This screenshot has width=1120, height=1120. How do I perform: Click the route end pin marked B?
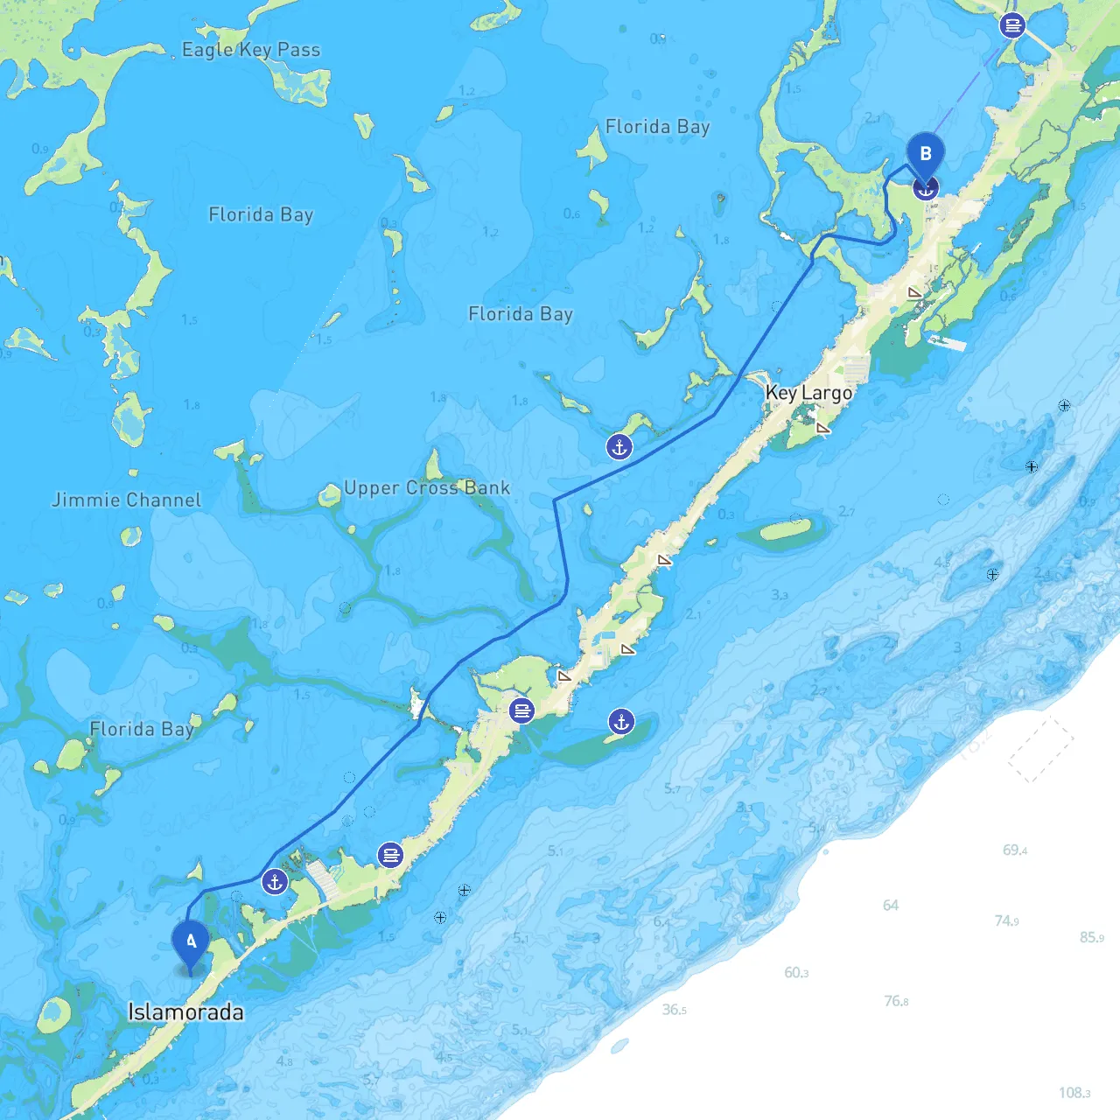(925, 155)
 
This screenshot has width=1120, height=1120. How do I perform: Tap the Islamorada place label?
(185, 1012)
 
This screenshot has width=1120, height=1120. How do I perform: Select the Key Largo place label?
(808, 393)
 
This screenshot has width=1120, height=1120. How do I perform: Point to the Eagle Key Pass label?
(251, 50)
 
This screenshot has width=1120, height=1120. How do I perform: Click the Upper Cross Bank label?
(426, 488)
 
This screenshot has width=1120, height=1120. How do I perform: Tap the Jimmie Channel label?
(127, 500)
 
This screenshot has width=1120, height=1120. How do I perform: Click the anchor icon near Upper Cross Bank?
(619, 447)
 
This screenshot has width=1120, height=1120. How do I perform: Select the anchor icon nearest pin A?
(275, 882)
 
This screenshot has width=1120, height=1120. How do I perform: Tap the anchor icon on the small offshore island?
(621, 722)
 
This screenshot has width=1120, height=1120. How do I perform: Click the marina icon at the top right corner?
(1012, 25)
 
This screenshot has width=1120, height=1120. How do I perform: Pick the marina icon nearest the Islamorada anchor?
(390, 855)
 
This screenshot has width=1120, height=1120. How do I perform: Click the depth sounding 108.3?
(1074, 1093)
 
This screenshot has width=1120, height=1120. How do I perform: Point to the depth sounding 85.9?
(1091, 937)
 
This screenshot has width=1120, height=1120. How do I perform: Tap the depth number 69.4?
(1015, 850)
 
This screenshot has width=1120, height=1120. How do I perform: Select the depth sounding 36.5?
(674, 1010)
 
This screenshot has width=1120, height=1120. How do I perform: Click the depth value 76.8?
(896, 1001)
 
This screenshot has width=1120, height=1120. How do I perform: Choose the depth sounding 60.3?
(796, 972)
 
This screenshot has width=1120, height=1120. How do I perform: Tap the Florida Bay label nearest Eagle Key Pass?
(261, 214)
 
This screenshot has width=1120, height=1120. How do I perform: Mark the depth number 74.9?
(1006, 920)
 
